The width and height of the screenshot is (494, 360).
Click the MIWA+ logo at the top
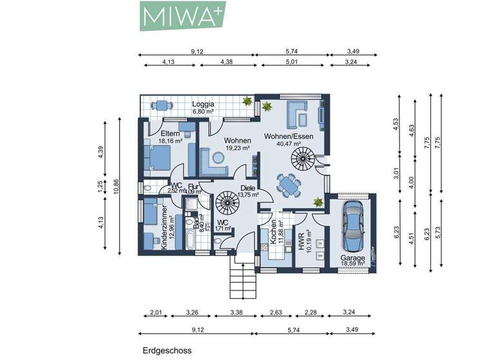[x=182, y=15]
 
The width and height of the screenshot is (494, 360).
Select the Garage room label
[x=352, y=258]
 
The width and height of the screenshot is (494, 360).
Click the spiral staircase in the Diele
[x=226, y=205]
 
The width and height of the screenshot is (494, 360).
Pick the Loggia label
[x=203, y=104]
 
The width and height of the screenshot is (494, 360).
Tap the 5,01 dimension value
[x=293, y=62]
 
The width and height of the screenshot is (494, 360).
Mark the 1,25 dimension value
[x=100, y=187]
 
